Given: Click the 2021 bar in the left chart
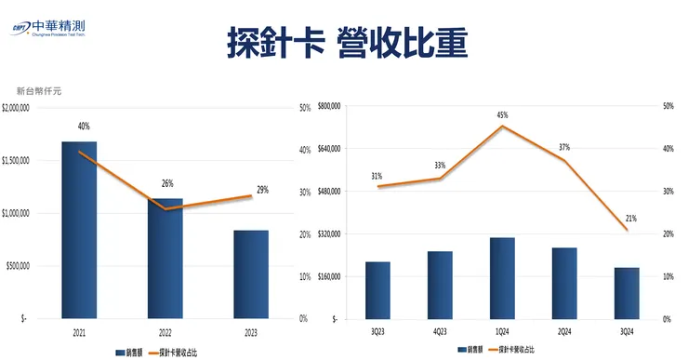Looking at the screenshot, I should point(79,230).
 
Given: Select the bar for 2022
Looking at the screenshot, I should point(165,259).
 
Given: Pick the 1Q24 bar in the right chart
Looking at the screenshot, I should point(502,278).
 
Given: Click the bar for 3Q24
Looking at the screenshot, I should point(627,293).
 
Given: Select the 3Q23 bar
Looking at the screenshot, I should point(377,290).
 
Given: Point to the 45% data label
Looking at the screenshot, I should point(502,115).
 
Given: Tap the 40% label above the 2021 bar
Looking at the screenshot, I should point(84,127).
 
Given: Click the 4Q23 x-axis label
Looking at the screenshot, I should point(440,330).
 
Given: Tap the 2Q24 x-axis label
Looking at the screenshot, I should point(564,330).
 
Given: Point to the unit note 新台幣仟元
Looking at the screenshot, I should point(39,91).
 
